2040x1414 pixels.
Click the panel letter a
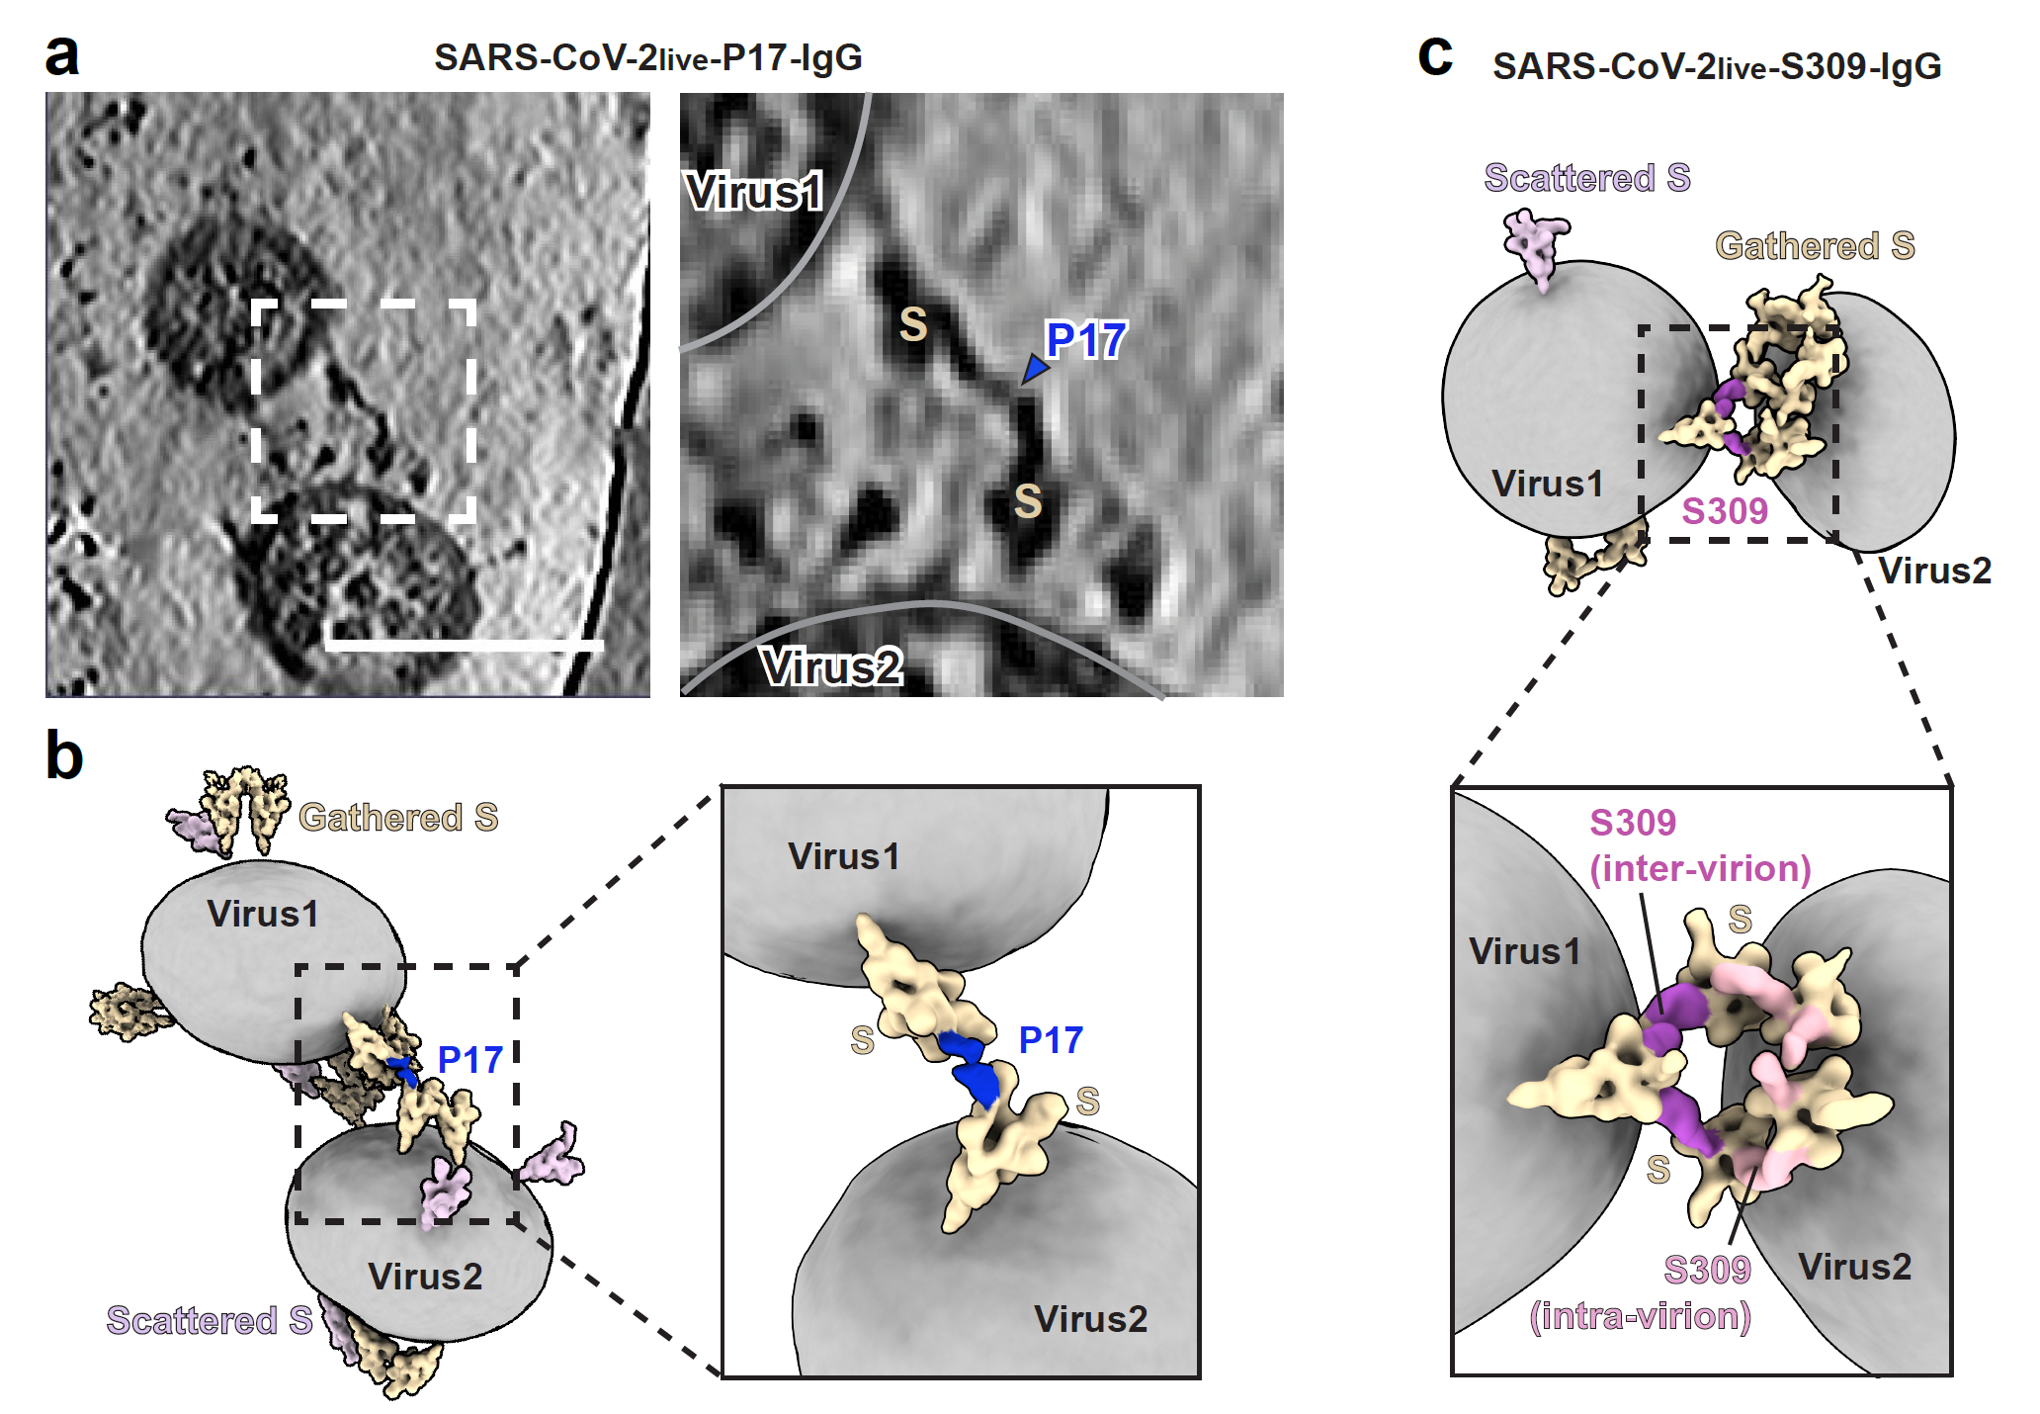tap(62, 55)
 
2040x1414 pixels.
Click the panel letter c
tap(1435, 55)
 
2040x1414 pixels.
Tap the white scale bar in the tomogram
tap(465, 645)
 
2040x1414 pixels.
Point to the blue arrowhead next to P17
tap(1034, 369)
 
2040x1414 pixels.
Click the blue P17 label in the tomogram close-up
tap(1086, 340)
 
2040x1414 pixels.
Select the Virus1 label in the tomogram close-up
tap(755, 191)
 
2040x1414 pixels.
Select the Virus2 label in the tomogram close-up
tap(831, 666)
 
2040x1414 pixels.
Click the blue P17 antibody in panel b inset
tap(971, 1068)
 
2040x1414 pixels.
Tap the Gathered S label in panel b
tap(398, 818)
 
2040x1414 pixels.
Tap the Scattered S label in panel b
tap(210, 1320)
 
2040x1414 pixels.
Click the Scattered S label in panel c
tap(1587, 178)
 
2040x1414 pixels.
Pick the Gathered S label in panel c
tap(1815, 245)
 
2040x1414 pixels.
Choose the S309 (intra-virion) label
tap(1641, 1293)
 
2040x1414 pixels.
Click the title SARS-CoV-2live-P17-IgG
tap(648, 57)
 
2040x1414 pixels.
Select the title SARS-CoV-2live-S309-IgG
tap(1717, 66)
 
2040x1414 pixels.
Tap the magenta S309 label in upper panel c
tap(1725, 511)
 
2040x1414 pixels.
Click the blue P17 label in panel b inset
tap(1051, 1040)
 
